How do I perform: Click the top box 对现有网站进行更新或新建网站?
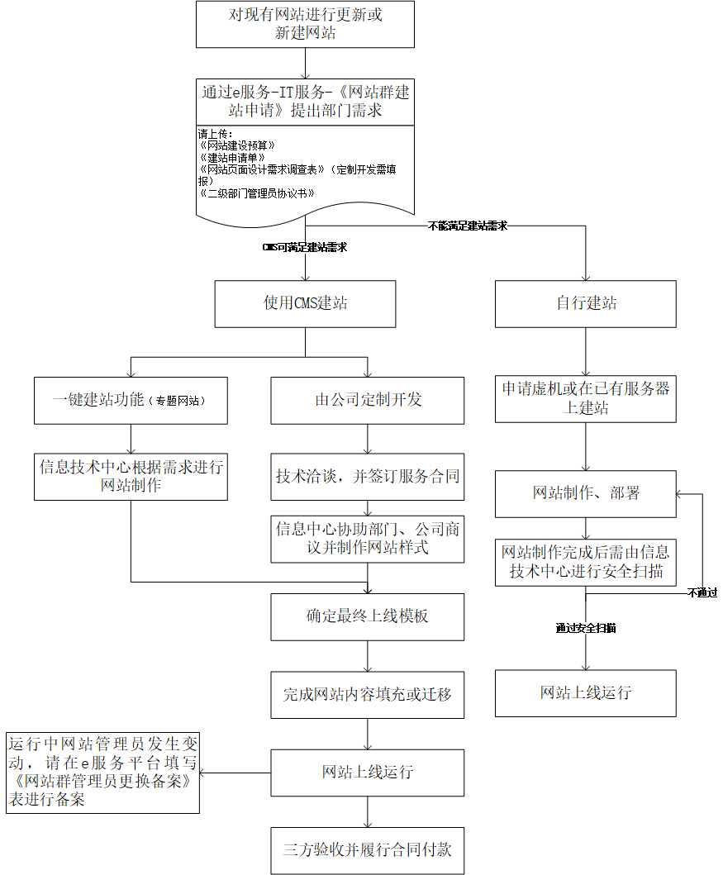(x=306, y=24)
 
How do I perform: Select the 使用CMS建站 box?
(x=306, y=303)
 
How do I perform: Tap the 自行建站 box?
(x=586, y=303)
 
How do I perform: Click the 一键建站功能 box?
(x=131, y=400)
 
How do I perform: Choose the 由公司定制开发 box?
(x=368, y=400)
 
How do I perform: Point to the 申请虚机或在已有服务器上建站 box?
(x=586, y=398)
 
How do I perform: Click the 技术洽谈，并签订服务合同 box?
(x=368, y=477)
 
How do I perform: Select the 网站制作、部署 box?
(x=586, y=493)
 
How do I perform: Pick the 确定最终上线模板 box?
(x=368, y=616)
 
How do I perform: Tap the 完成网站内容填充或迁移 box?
(x=368, y=694)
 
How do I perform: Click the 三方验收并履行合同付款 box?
(x=368, y=850)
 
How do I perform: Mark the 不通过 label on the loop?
(x=702, y=592)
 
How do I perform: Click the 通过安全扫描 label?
(x=586, y=628)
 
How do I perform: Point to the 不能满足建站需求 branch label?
(x=468, y=226)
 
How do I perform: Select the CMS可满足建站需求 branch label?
(x=305, y=247)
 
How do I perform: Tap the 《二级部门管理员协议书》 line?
(x=257, y=193)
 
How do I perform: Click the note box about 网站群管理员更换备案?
(x=102, y=772)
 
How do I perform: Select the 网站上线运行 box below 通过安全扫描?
(x=586, y=692)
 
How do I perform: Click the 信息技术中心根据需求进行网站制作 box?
(x=131, y=476)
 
